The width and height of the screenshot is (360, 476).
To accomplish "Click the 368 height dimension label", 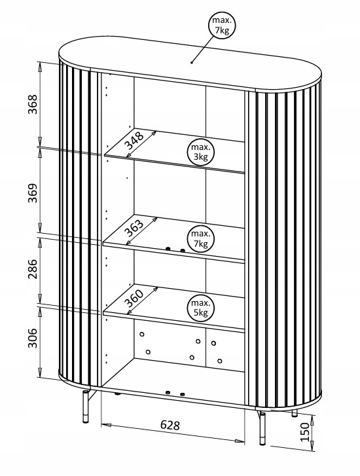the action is pos(33,104).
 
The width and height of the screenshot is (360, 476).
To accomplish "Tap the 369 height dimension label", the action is pos(33,192).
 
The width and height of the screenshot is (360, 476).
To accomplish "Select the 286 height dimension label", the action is pos(33,268).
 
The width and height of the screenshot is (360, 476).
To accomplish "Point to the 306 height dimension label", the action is pos(33,338).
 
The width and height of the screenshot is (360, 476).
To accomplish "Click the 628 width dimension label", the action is pos(170,425).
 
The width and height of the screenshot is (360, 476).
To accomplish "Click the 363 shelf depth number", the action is pos(134,228).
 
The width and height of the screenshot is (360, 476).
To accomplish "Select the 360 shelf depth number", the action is pos(134,299).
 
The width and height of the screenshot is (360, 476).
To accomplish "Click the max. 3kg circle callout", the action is pos(201,152).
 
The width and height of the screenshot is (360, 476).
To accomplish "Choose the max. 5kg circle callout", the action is pos(201,308).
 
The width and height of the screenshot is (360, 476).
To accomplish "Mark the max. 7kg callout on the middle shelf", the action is pos(201,238).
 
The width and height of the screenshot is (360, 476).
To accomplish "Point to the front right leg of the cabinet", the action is pos(262,428).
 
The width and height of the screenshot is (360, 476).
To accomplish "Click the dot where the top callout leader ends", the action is pos(192,63).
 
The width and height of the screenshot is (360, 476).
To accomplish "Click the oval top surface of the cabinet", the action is pos(190,64).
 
